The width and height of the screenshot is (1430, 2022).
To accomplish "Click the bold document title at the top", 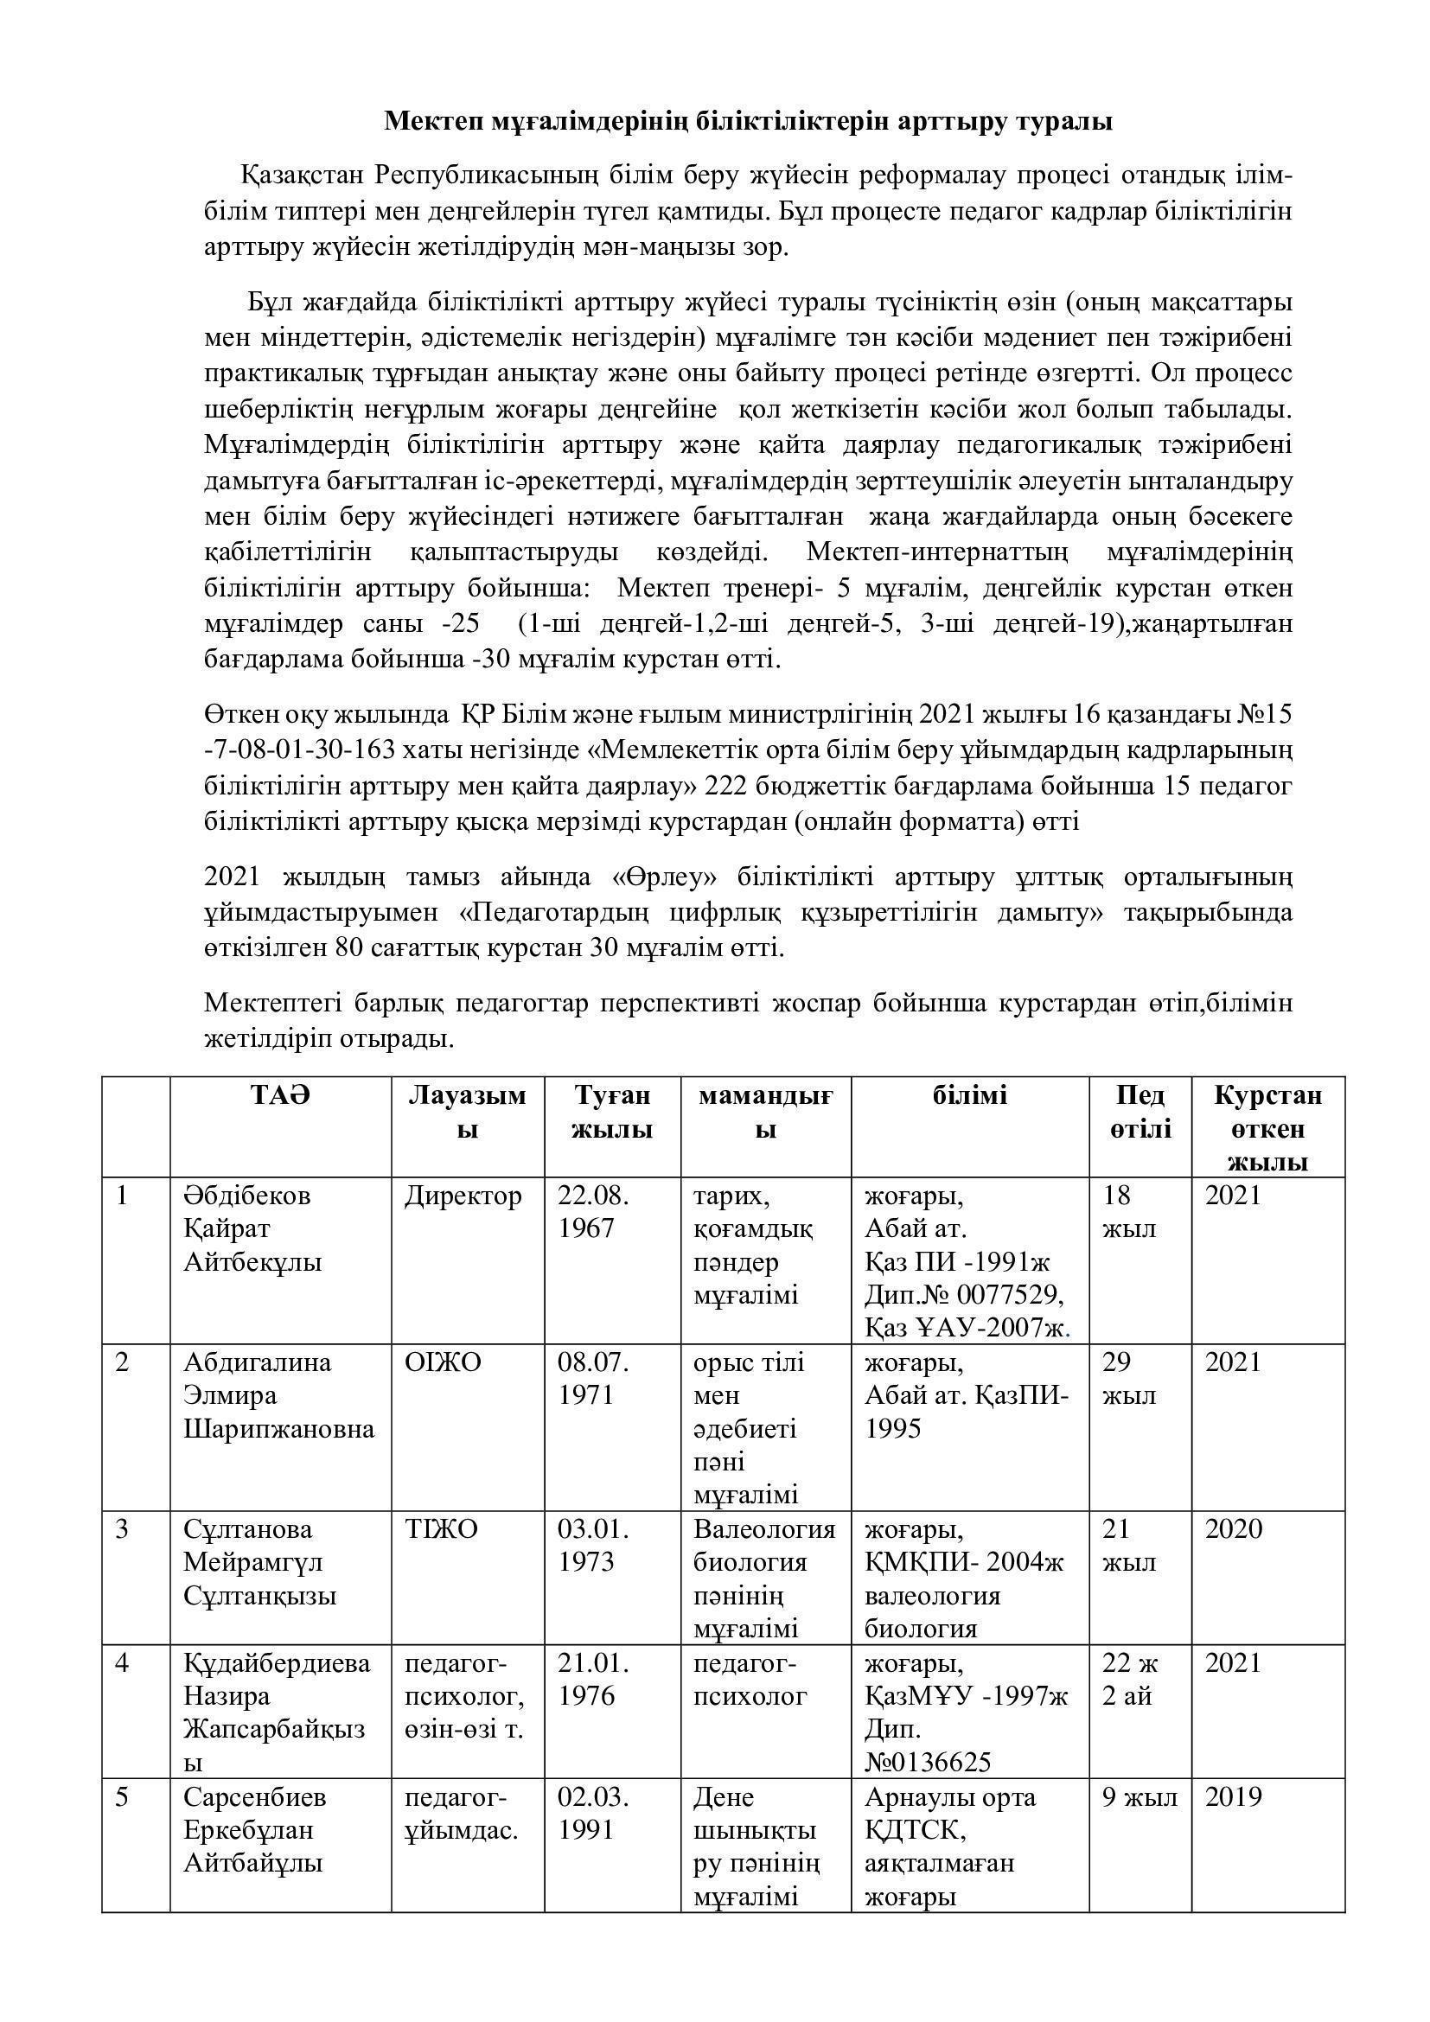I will (x=748, y=122).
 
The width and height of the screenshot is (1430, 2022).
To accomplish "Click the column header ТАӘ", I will (x=280, y=1096).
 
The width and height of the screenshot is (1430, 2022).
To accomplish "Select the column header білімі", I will (x=969, y=1096).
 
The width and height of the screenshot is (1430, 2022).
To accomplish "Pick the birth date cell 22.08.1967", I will (x=593, y=1213).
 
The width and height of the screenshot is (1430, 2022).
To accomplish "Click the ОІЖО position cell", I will (x=443, y=1362).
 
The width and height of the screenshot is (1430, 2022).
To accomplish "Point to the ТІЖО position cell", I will (x=441, y=1530).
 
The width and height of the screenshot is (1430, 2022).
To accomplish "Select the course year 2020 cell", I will (x=1233, y=1530).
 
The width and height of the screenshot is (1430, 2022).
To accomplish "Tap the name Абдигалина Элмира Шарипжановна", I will (x=278, y=1396).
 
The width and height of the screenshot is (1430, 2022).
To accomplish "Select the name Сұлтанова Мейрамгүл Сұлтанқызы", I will (x=259, y=1563).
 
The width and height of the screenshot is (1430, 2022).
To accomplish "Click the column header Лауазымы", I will (x=467, y=1113).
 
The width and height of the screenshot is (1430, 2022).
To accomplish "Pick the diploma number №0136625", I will (x=928, y=1762).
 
